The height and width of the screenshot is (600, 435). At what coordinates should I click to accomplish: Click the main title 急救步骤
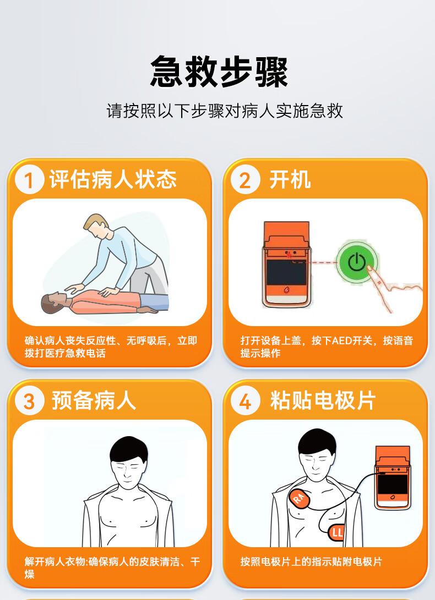click(x=219, y=71)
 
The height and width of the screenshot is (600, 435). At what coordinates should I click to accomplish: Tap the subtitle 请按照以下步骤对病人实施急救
click(x=225, y=111)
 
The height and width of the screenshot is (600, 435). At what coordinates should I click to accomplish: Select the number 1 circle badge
click(x=30, y=180)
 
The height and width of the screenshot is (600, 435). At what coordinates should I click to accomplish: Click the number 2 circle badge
click(x=245, y=179)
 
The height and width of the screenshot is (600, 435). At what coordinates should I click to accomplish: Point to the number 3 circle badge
click(x=30, y=401)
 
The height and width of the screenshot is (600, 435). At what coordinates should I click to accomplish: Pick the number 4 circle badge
click(x=245, y=401)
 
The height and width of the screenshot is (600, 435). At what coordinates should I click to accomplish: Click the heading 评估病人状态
click(x=113, y=179)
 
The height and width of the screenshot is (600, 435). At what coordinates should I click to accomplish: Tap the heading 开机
click(x=290, y=179)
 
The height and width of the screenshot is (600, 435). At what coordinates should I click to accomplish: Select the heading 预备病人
click(x=94, y=401)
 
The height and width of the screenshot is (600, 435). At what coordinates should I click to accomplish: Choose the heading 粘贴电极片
click(x=322, y=400)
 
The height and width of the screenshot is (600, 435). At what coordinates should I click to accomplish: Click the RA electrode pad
click(x=299, y=498)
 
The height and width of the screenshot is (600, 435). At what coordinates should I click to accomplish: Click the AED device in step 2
click(x=287, y=265)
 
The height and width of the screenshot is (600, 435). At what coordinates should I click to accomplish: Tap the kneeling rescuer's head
click(x=96, y=227)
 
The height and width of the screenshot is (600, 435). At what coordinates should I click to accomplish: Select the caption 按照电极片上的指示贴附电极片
click(x=311, y=562)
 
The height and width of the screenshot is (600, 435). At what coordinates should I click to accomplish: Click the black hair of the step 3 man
click(x=129, y=448)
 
